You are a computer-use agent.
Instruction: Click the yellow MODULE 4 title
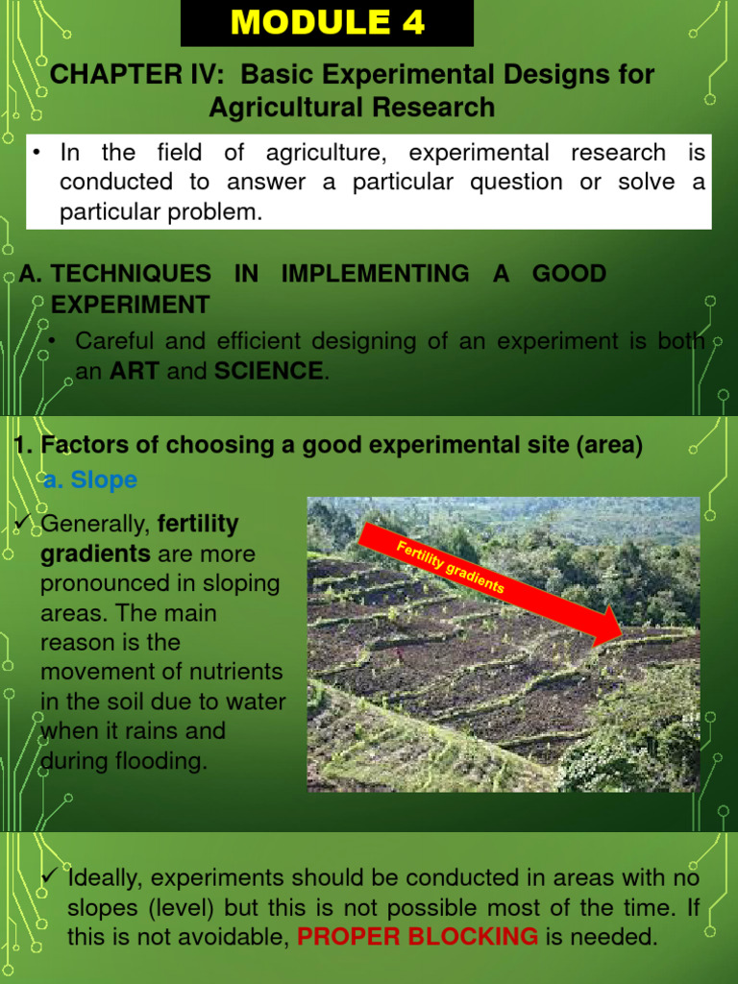[x=327, y=23]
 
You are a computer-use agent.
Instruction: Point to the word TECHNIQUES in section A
[x=131, y=274]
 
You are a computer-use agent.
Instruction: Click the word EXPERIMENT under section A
[x=130, y=306]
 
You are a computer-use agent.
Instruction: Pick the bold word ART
[x=135, y=371]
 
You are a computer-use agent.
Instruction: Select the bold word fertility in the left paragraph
[x=198, y=525]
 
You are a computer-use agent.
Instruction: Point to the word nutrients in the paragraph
[x=236, y=672]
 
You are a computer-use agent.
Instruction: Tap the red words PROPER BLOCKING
[x=418, y=937]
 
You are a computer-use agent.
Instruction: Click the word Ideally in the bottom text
[x=105, y=877]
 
